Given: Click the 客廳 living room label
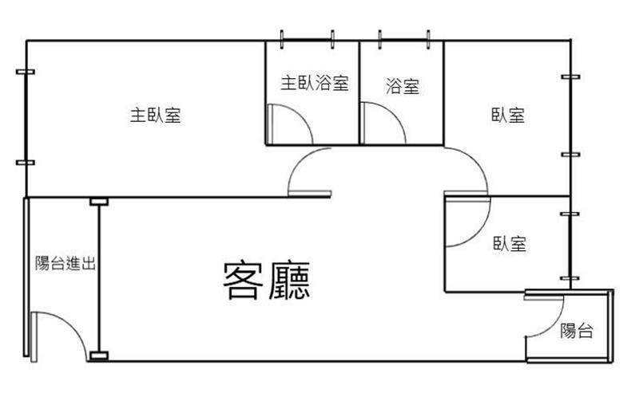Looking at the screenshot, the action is point(267,281).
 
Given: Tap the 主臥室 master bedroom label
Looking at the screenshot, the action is point(155,115).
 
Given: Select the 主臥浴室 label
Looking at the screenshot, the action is point(315,83).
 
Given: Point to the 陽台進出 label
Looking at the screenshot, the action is point(65,263).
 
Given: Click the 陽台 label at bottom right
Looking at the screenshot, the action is point(576,330).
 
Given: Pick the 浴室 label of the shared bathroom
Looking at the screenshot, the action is point(403,86).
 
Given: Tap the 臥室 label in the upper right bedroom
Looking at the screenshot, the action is point(508,115).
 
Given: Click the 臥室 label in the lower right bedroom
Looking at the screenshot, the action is point(510,243).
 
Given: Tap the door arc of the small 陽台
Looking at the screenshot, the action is point(555,326).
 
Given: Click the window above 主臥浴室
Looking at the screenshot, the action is point(307,40).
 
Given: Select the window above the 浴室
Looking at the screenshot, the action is point(404,40).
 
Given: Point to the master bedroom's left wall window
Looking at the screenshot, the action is point(26,117).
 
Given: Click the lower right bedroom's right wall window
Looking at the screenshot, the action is point(570,246).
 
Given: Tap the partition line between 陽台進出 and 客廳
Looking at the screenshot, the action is point(99,279).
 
